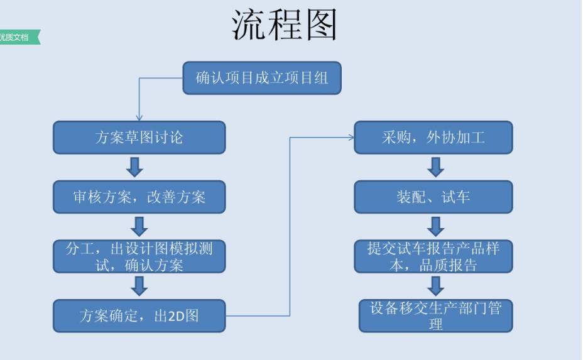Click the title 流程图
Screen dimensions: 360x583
285,26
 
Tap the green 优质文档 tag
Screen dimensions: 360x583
19,38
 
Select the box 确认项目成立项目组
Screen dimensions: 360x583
261,78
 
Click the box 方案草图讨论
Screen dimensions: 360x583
139,137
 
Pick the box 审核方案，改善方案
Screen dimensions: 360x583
139,197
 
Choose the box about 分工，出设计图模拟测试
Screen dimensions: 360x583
139,256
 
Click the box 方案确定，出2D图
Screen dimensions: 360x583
139,315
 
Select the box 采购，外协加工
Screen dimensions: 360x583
433,137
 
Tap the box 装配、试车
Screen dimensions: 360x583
433,197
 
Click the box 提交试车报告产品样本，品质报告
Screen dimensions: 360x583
433,256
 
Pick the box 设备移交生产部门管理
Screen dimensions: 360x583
435,315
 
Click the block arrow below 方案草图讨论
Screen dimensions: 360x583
135,167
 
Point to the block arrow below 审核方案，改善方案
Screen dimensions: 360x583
139,226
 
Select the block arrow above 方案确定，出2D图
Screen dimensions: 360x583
139,286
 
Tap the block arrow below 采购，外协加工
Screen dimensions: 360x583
435,167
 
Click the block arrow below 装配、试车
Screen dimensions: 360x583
435,226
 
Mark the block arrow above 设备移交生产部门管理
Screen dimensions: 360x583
435,286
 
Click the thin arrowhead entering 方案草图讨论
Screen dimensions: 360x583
139,117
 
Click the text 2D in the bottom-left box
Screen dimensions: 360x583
175,316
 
